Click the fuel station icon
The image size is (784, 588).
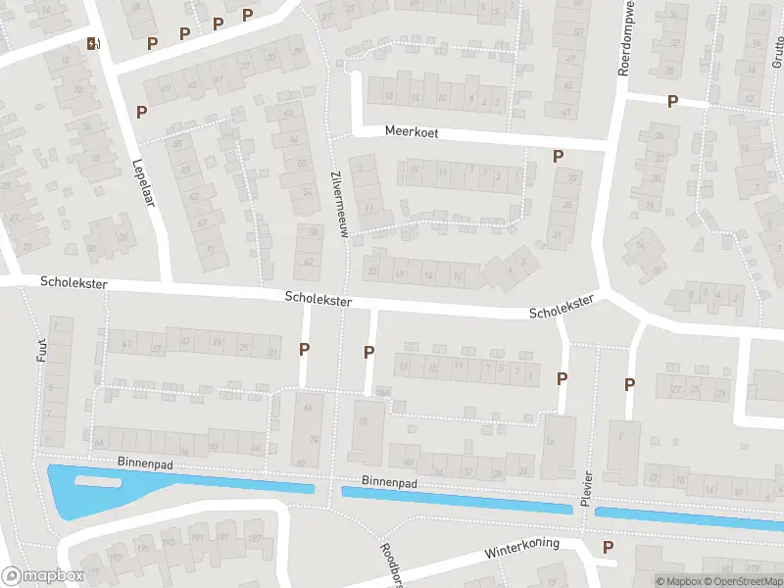pyautogui.click(x=94, y=43)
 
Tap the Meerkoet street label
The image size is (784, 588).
pyautogui.click(x=410, y=129)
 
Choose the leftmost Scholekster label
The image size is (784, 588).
pyautogui.click(x=73, y=283)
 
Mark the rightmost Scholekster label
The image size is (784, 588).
pyautogui.click(x=562, y=308)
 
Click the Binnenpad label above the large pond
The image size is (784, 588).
pyautogui.click(x=117, y=461)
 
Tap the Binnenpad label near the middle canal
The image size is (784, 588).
pyautogui.click(x=389, y=483)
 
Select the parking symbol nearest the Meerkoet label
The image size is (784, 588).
pyautogui.click(x=558, y=156)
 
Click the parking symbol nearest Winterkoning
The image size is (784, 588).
pyautogui.click(x=609, y=547)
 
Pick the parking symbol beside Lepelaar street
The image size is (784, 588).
pyautogui.click(x=142, y=112)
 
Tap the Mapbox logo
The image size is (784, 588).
pyautogui.click(x=42, y=576)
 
